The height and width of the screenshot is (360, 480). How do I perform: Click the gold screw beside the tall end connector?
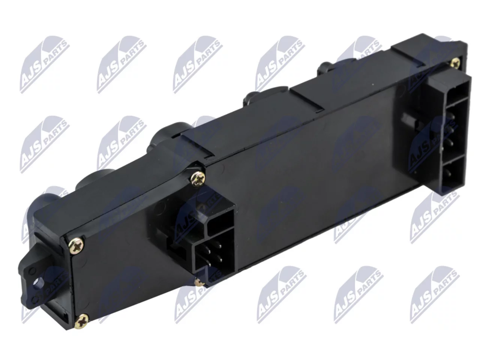coord(456,63)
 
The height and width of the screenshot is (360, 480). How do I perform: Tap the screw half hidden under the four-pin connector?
coord(199,282)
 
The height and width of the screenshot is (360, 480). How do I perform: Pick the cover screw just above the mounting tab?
coord(76,246)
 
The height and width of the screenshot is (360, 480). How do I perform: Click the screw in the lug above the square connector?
coord(198,179)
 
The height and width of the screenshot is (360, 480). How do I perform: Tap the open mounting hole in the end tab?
coord(40,283)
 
